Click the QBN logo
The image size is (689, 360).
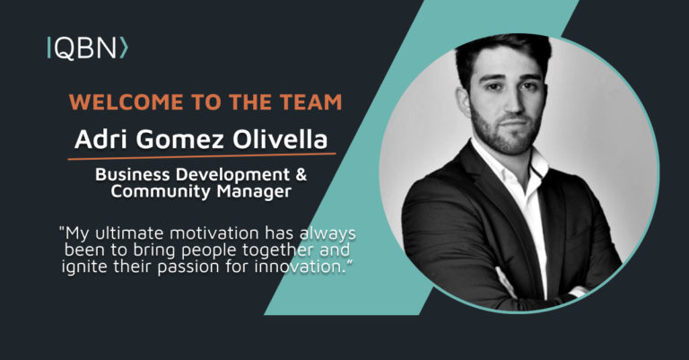87,48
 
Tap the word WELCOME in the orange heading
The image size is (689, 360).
126,102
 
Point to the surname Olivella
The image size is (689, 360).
280,139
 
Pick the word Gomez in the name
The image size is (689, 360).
180,140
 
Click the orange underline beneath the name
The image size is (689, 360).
202,156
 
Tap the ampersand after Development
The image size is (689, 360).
301,174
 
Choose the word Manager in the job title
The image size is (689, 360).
254,192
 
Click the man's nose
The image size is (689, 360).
514,101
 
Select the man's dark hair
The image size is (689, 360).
503,55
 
